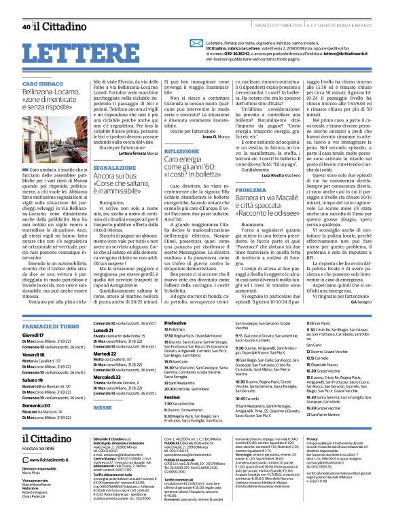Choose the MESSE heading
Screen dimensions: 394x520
pos(103,407)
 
